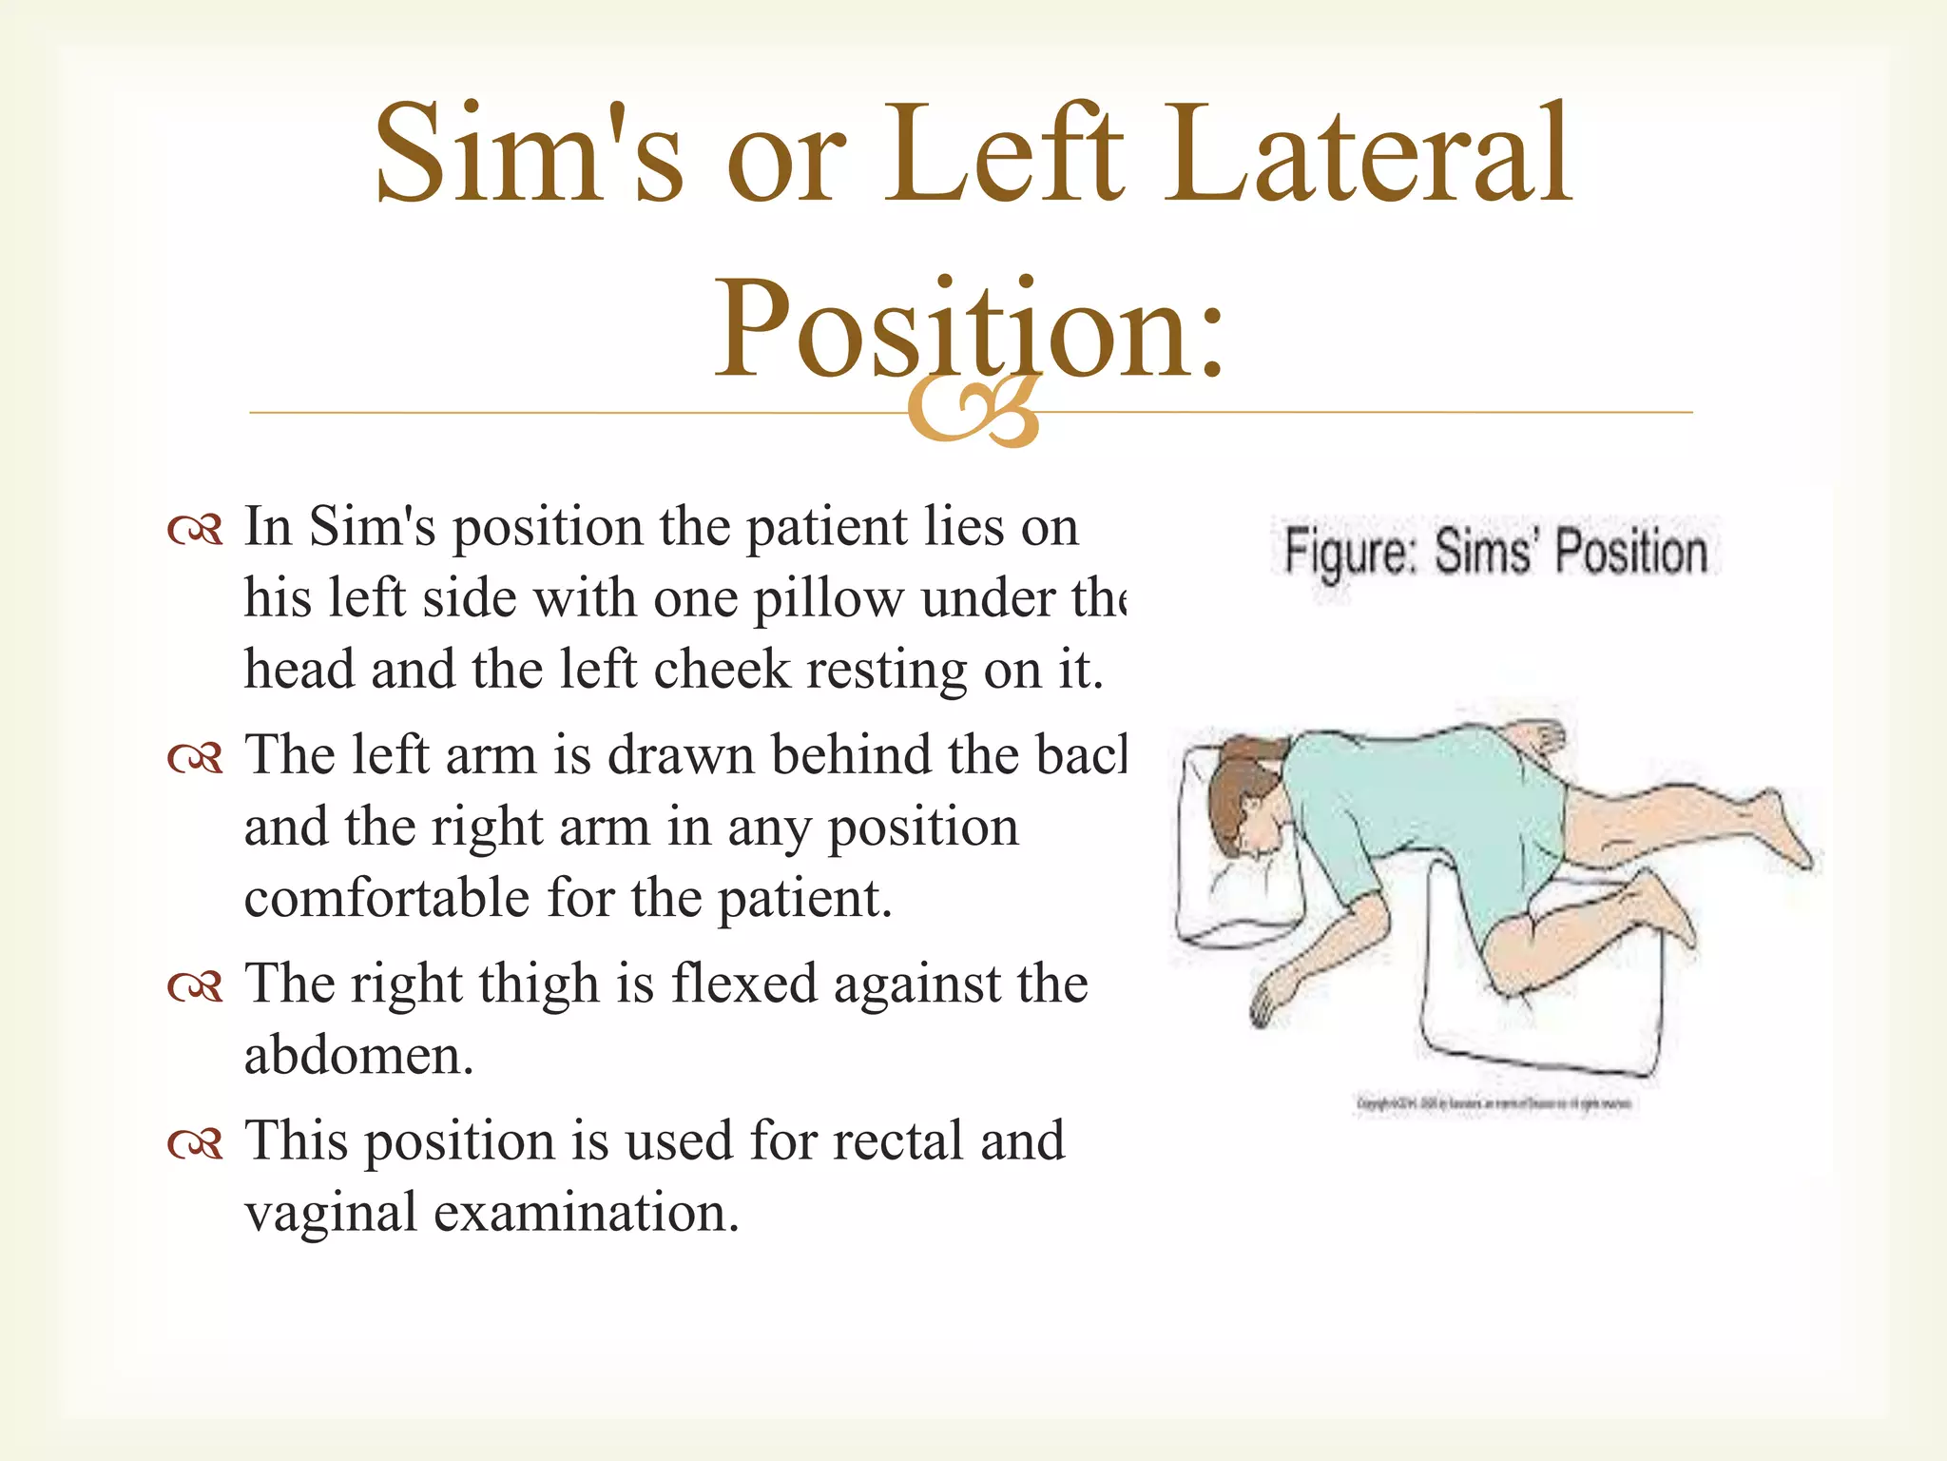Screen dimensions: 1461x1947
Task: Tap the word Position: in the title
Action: [970, 328]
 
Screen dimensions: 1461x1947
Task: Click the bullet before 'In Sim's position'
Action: [195, 530]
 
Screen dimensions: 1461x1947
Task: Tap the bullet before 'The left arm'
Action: [195, 758]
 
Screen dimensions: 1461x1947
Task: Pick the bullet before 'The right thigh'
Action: [195, 986]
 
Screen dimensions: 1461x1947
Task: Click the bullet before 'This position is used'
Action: [195, 1143]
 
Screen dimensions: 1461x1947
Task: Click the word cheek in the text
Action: [722, 670]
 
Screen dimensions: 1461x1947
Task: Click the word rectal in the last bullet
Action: [897, 1141]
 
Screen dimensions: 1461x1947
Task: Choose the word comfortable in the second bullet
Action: [386, 899]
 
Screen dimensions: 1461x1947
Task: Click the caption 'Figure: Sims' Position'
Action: [1495, 552]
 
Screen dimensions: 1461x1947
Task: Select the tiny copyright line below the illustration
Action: [1494, 1104]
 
